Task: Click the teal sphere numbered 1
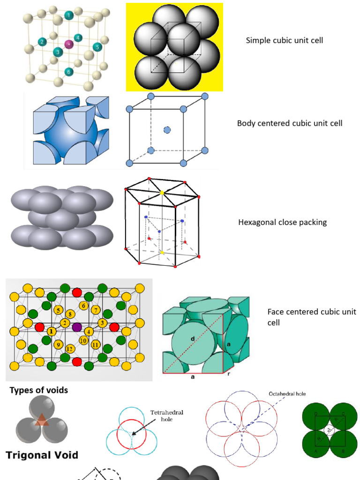[x=69, y=15]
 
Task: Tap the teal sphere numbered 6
[x=69, y=72]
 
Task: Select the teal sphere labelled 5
[x=97, y=47]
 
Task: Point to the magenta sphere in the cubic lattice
[x=69, y=44]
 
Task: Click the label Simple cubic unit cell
[x=285, y=40]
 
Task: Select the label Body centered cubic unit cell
[x=290, y=123]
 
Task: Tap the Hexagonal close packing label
[x=283, y=222]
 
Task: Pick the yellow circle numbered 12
[x=69, y=348]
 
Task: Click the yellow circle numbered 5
[x=59, y=310]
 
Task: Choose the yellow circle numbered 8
[x=70, y=314]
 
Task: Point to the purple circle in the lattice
[x=77, y=327]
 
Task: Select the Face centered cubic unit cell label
[x=312, y=317]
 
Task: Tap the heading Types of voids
[x=39, y=390]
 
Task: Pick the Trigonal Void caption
[x=42, y=455]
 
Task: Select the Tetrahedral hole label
[x=166, y=415]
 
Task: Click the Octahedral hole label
[x=287, y=394]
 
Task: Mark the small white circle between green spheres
[x=330, y=430]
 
